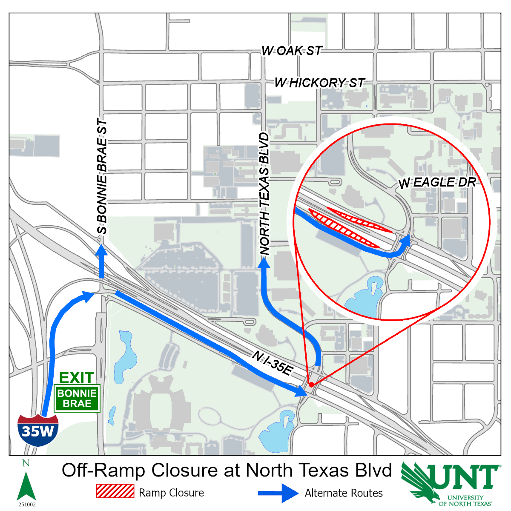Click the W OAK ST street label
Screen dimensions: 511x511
[292, 51]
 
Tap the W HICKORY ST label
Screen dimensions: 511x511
[319, 83]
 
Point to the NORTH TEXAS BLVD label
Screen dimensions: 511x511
[265, 194]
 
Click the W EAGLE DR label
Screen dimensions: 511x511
[437, 183]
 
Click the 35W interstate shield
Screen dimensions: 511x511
[38, 430]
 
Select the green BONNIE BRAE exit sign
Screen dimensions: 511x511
[77, 399]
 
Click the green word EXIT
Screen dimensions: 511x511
[77, 377]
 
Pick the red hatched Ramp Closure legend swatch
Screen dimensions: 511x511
[115, 491]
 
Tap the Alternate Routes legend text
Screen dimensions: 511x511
[344, 493]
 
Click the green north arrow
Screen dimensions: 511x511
[26, 485]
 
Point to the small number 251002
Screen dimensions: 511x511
[27, 505]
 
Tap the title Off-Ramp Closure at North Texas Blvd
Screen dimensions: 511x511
[227, 471]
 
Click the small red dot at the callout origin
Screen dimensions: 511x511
[311, 385]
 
